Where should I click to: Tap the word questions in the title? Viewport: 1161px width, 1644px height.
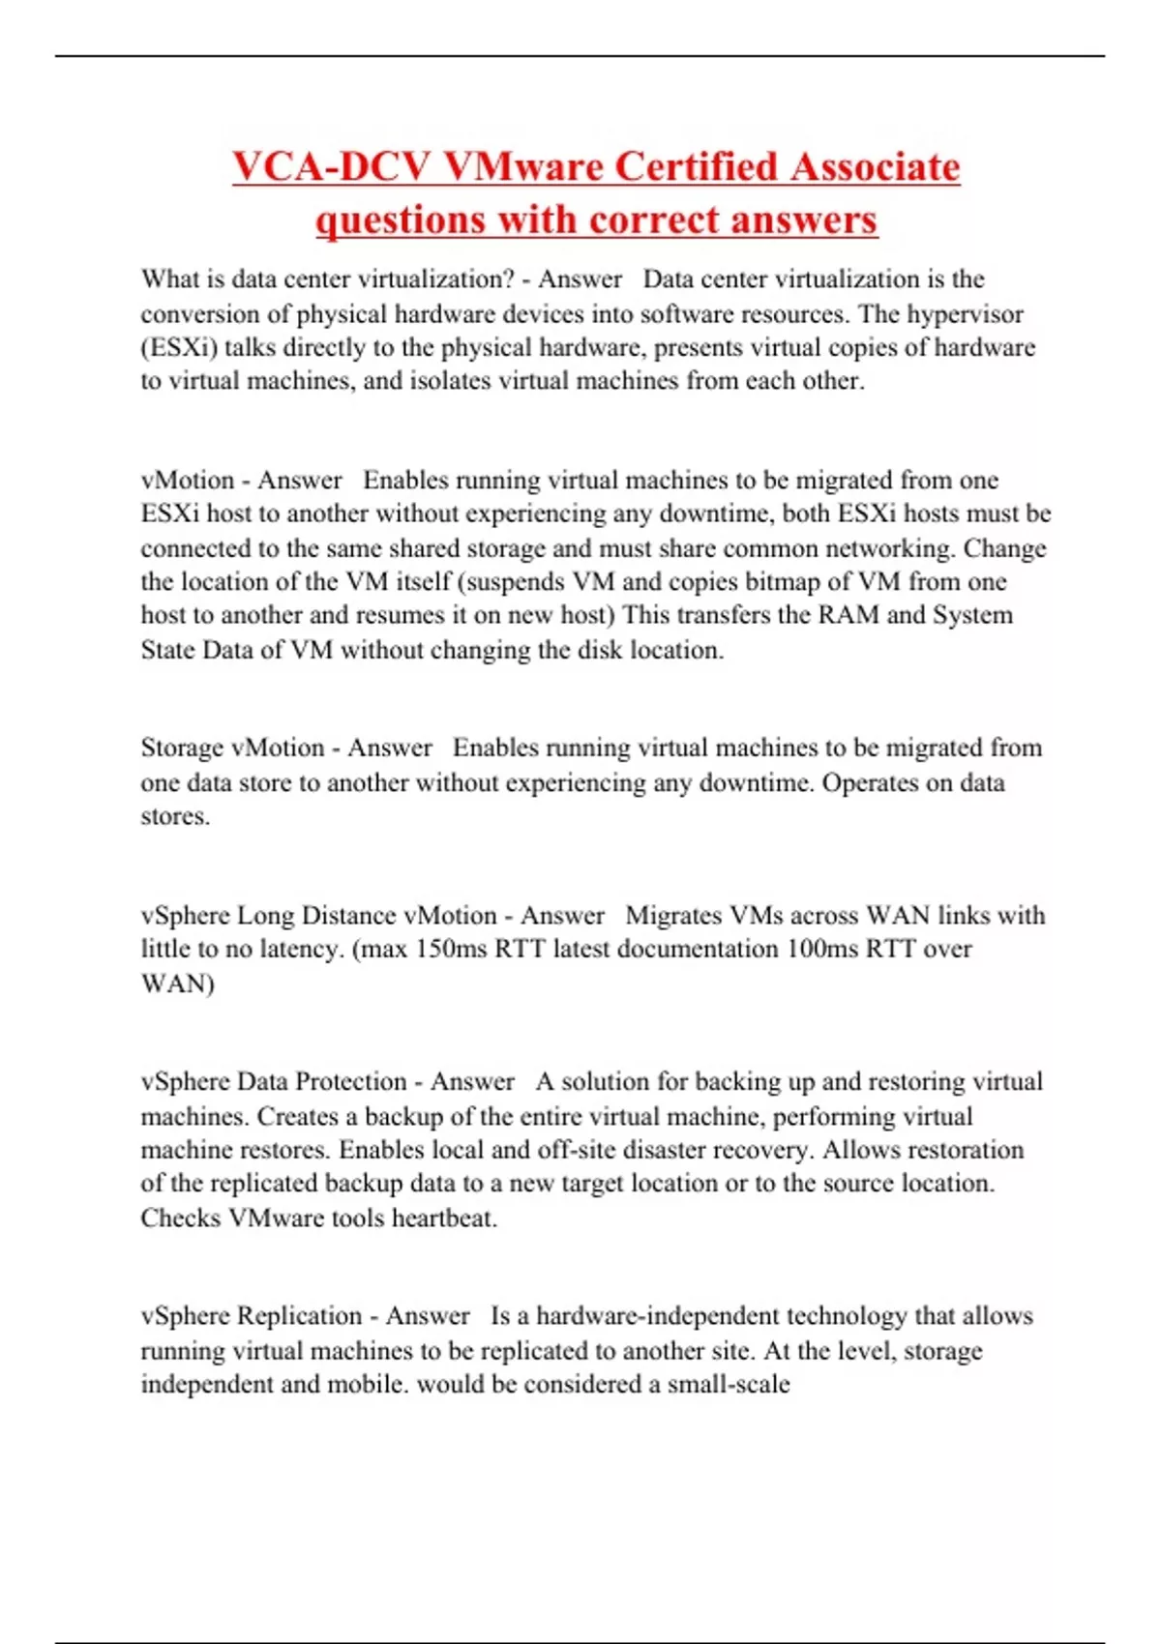pos(401,220)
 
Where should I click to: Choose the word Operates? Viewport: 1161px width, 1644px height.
pos(870,782)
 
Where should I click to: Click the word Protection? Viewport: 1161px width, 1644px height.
pos(349,1081)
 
